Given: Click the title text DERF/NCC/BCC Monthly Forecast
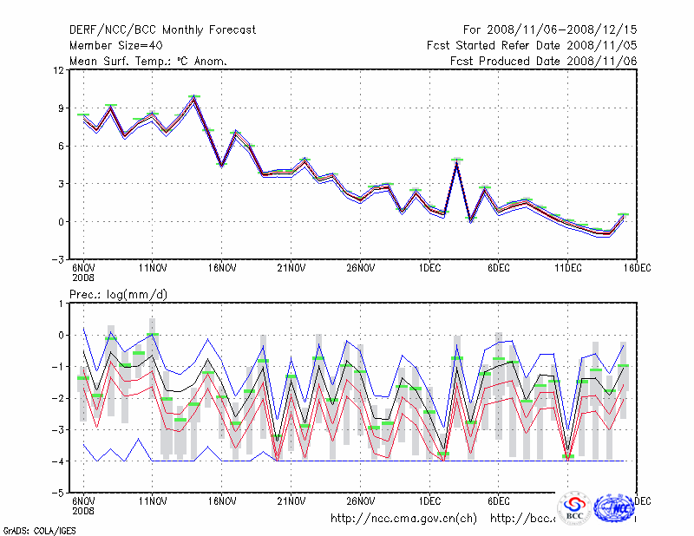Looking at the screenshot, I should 162,29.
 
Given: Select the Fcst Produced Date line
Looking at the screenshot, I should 544,61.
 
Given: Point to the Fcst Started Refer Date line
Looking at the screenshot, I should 532,45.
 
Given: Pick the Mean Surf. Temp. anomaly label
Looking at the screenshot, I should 148,61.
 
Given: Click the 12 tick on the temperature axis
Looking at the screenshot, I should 59,70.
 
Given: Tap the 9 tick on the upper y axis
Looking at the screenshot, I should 61,108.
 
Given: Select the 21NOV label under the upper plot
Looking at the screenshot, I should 291,269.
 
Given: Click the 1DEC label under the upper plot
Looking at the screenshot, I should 430,269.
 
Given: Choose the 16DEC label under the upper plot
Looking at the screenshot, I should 638,269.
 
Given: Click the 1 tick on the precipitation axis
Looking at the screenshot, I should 61,304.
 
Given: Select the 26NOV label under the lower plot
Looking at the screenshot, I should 361,501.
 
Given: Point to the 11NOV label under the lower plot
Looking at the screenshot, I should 153,501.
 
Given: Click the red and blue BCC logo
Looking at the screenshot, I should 574,508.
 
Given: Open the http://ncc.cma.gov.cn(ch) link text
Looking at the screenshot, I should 404,519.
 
